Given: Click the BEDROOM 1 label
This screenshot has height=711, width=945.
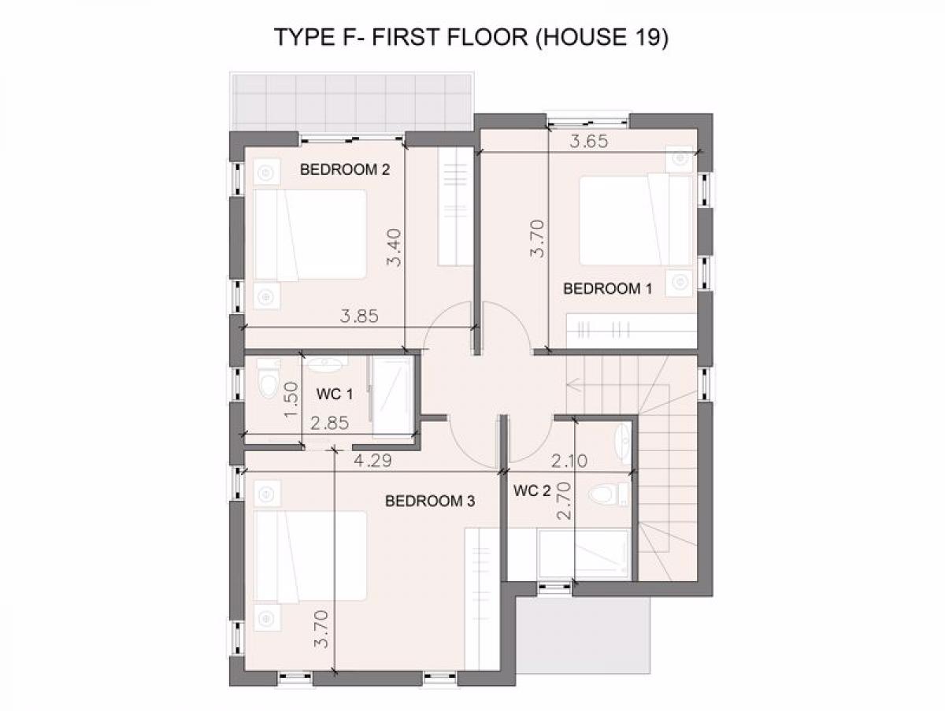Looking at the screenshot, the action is [607, 289].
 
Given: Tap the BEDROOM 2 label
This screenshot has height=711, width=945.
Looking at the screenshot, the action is [345, 169].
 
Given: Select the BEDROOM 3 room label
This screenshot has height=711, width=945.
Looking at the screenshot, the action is [430, 501].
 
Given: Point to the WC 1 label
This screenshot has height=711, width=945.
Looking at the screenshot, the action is [335, 394].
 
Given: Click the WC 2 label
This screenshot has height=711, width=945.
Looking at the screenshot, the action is [532, 491].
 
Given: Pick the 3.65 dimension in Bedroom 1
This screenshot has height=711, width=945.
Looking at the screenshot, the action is [589, 142].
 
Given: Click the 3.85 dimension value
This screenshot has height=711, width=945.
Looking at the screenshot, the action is [359, 317].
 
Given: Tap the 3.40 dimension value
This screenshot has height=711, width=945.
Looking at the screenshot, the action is [394, 247].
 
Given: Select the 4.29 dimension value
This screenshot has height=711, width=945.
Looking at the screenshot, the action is [372, 461].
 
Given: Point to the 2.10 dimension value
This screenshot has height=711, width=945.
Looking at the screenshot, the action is [569, 461].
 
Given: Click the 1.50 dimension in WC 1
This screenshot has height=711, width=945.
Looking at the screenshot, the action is [291, 399].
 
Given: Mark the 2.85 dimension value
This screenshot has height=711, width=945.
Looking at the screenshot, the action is [330, 423].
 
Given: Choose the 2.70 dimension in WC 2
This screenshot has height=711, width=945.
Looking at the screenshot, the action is [564, 501].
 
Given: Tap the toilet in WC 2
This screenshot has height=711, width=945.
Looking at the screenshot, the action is [608, 494].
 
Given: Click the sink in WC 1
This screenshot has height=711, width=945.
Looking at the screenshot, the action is [324, 364].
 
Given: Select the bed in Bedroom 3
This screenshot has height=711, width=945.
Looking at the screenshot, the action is [310, 556].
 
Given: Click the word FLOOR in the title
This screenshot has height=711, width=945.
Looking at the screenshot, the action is [487, 37].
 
